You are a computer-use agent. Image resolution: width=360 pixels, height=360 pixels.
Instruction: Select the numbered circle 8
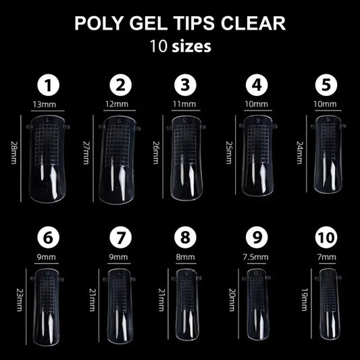(186, 238)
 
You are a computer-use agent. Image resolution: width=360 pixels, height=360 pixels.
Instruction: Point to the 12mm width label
(120, 104)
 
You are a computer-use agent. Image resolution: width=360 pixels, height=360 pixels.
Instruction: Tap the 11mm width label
(186, 104)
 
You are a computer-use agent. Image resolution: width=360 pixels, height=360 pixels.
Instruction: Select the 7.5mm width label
(256, 257)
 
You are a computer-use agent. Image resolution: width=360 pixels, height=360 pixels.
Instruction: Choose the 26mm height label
(157, 157)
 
